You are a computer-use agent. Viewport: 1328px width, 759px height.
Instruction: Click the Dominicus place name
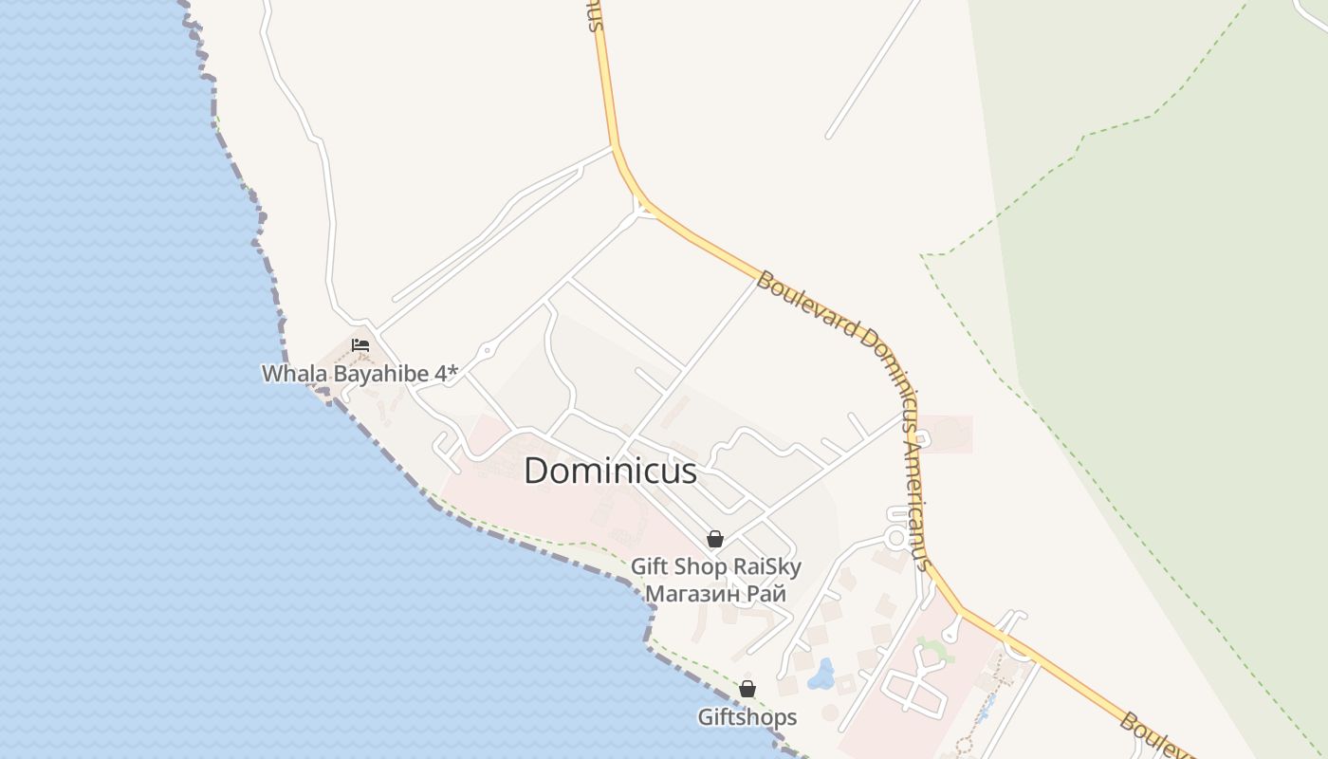pos(610,472)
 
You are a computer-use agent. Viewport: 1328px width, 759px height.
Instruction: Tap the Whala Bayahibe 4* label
pos(360,374)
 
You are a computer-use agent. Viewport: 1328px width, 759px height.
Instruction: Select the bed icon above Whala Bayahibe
pos(360,344)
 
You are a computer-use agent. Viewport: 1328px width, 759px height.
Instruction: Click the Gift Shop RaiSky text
pos(716,567)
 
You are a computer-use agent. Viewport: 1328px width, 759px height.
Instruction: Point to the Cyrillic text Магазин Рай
pos(715,594)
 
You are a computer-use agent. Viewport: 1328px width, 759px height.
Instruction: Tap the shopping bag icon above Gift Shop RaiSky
pos(715,539)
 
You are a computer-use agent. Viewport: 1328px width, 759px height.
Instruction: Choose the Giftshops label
pos(747,717)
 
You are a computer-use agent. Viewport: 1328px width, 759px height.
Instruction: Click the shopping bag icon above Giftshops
pos(747,689)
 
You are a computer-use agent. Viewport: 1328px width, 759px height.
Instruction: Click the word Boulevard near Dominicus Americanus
pos(805,304)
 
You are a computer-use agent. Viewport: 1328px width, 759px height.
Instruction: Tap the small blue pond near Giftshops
pos(821,676)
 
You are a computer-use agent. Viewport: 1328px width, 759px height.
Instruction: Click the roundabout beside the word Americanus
pos(895,538)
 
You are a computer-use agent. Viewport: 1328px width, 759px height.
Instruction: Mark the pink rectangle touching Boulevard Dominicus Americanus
pos(946,434)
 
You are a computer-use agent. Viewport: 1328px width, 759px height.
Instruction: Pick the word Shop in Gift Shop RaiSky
pos(703,567)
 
